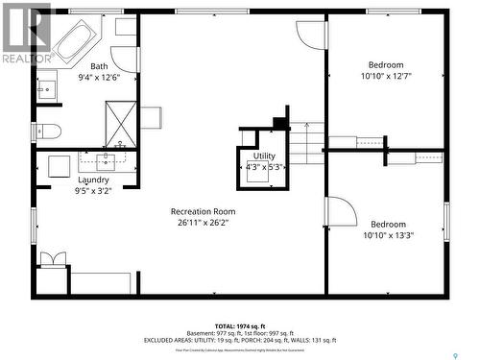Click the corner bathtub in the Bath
[x=74, y=40]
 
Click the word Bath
[x=100, y=66]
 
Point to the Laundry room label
[x=93, y=180]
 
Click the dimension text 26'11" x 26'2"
[x=203, y=222]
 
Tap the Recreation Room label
[x=203, y=211]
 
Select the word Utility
[x=264, y=156]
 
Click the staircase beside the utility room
[x=307, y=143]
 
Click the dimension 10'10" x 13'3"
[x=389, y=234]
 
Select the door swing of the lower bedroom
[x=342, y=212]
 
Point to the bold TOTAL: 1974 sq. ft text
[x=240, y=326]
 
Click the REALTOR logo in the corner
[x=26, y=34]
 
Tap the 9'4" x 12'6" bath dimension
[x=100, y=78]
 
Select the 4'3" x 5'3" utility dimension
[x=264, y=166]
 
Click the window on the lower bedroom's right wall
[x=446, y=222]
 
